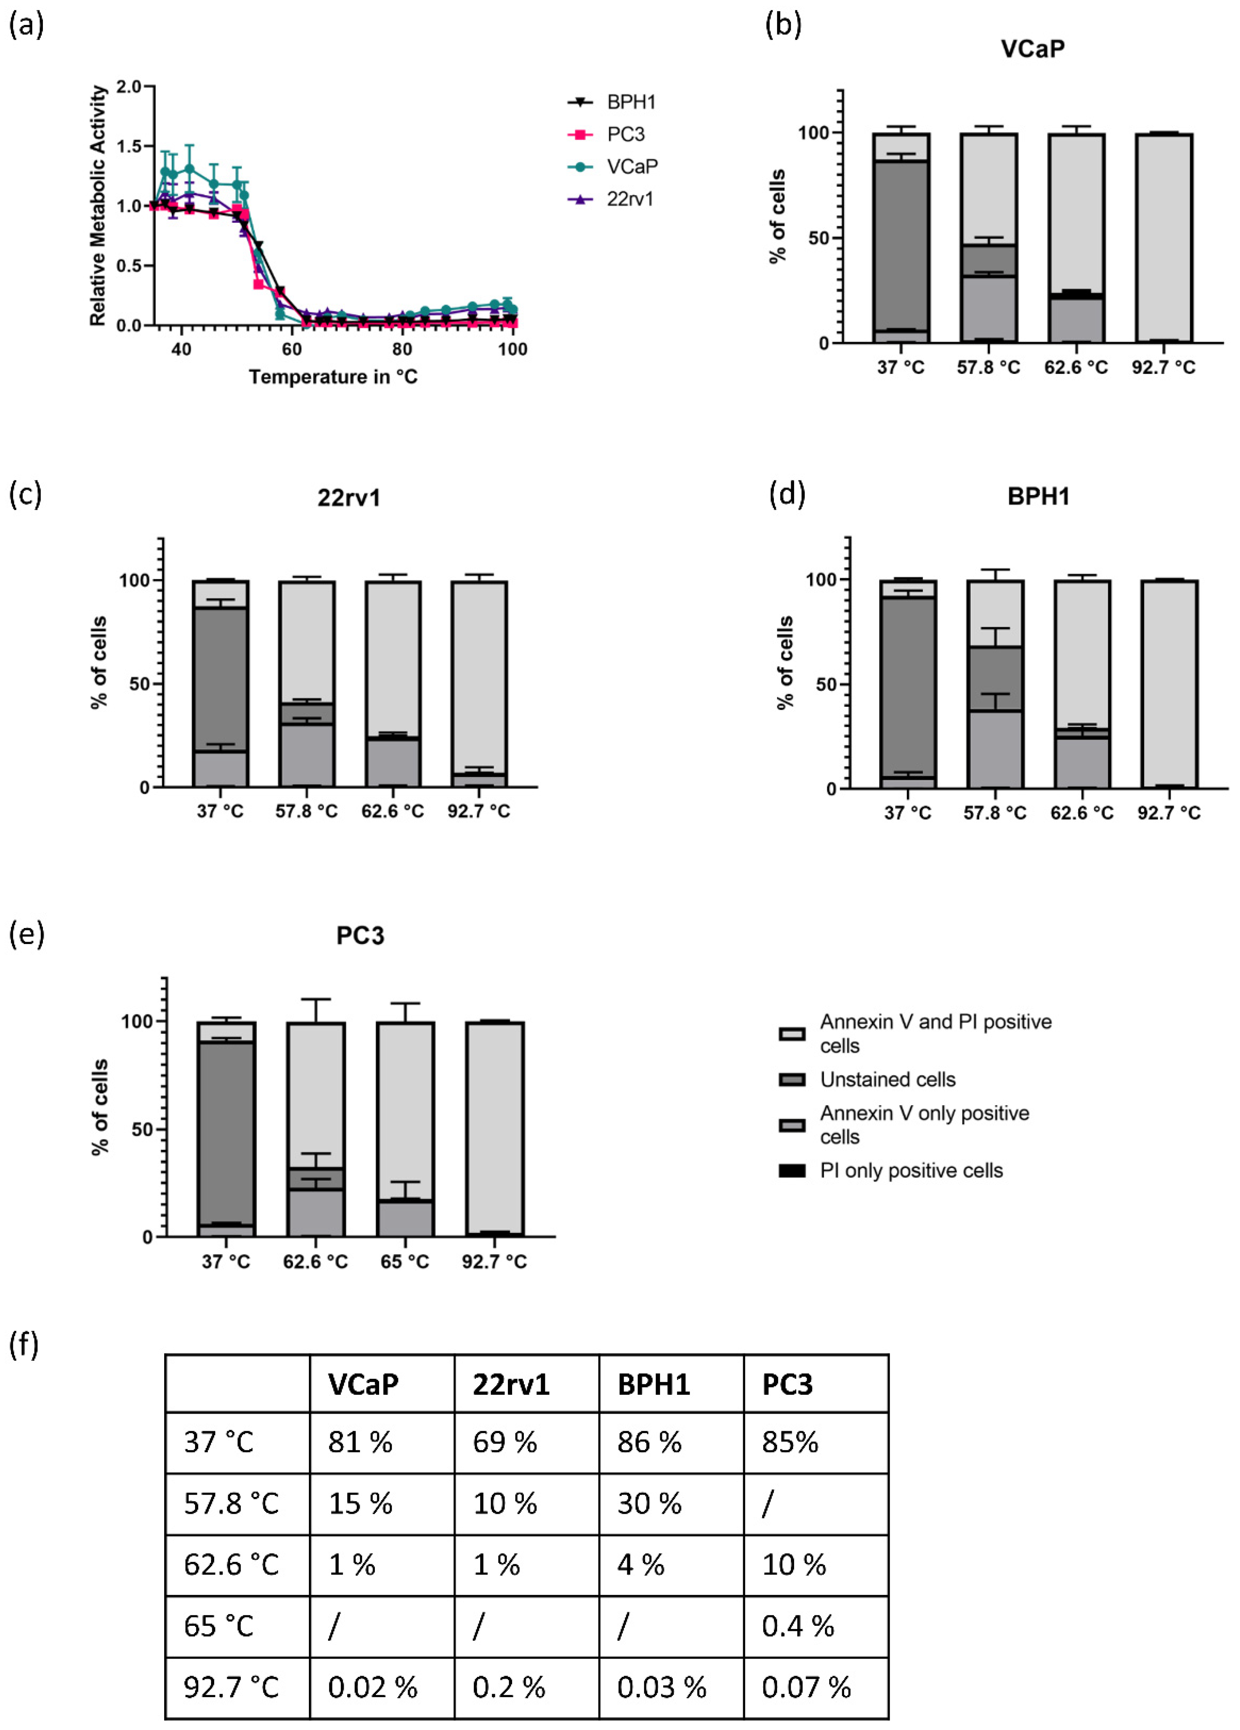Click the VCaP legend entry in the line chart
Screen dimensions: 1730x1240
(632, 166)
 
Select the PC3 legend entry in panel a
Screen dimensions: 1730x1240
(625, 134)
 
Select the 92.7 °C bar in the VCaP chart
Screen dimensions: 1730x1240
(1163, 238)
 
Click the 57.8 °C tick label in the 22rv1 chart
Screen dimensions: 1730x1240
(306, 811)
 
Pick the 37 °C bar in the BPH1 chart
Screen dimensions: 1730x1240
(908, 684)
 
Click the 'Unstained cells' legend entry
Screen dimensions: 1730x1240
(887, 1079)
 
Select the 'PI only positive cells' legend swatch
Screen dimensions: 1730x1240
(791, 1171)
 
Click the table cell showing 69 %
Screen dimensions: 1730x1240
(505, 1442)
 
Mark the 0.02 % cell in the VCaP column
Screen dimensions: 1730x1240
(372, 1687)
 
